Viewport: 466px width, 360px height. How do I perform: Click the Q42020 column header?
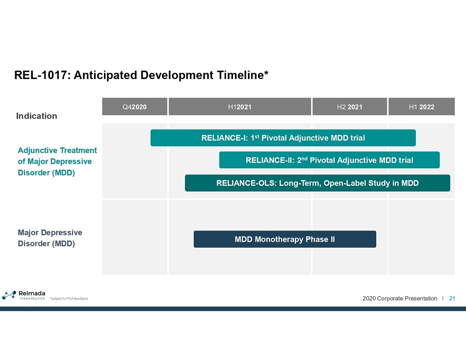134,106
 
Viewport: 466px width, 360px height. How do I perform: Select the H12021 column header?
240,106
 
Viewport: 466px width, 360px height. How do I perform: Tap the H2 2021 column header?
350,106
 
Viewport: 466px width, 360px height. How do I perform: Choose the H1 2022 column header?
421,106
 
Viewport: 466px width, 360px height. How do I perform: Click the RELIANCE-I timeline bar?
283,138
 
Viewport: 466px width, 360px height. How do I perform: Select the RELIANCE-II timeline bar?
329,160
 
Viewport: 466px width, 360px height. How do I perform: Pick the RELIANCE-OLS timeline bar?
317,183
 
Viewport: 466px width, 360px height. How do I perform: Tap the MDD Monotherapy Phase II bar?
285,239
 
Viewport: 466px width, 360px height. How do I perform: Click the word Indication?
37,116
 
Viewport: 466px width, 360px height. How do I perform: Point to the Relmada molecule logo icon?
9,295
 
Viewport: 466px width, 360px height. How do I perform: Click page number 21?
452,298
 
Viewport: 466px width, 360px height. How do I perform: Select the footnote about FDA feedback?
69,299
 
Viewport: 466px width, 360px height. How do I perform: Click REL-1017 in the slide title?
41,75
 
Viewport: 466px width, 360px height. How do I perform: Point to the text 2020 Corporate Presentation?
400,298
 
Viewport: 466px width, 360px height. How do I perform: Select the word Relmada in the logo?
32,293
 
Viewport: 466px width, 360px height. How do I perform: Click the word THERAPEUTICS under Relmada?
32,299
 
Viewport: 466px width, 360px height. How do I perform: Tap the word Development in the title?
177,76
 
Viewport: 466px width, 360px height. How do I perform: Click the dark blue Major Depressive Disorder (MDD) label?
50,238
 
